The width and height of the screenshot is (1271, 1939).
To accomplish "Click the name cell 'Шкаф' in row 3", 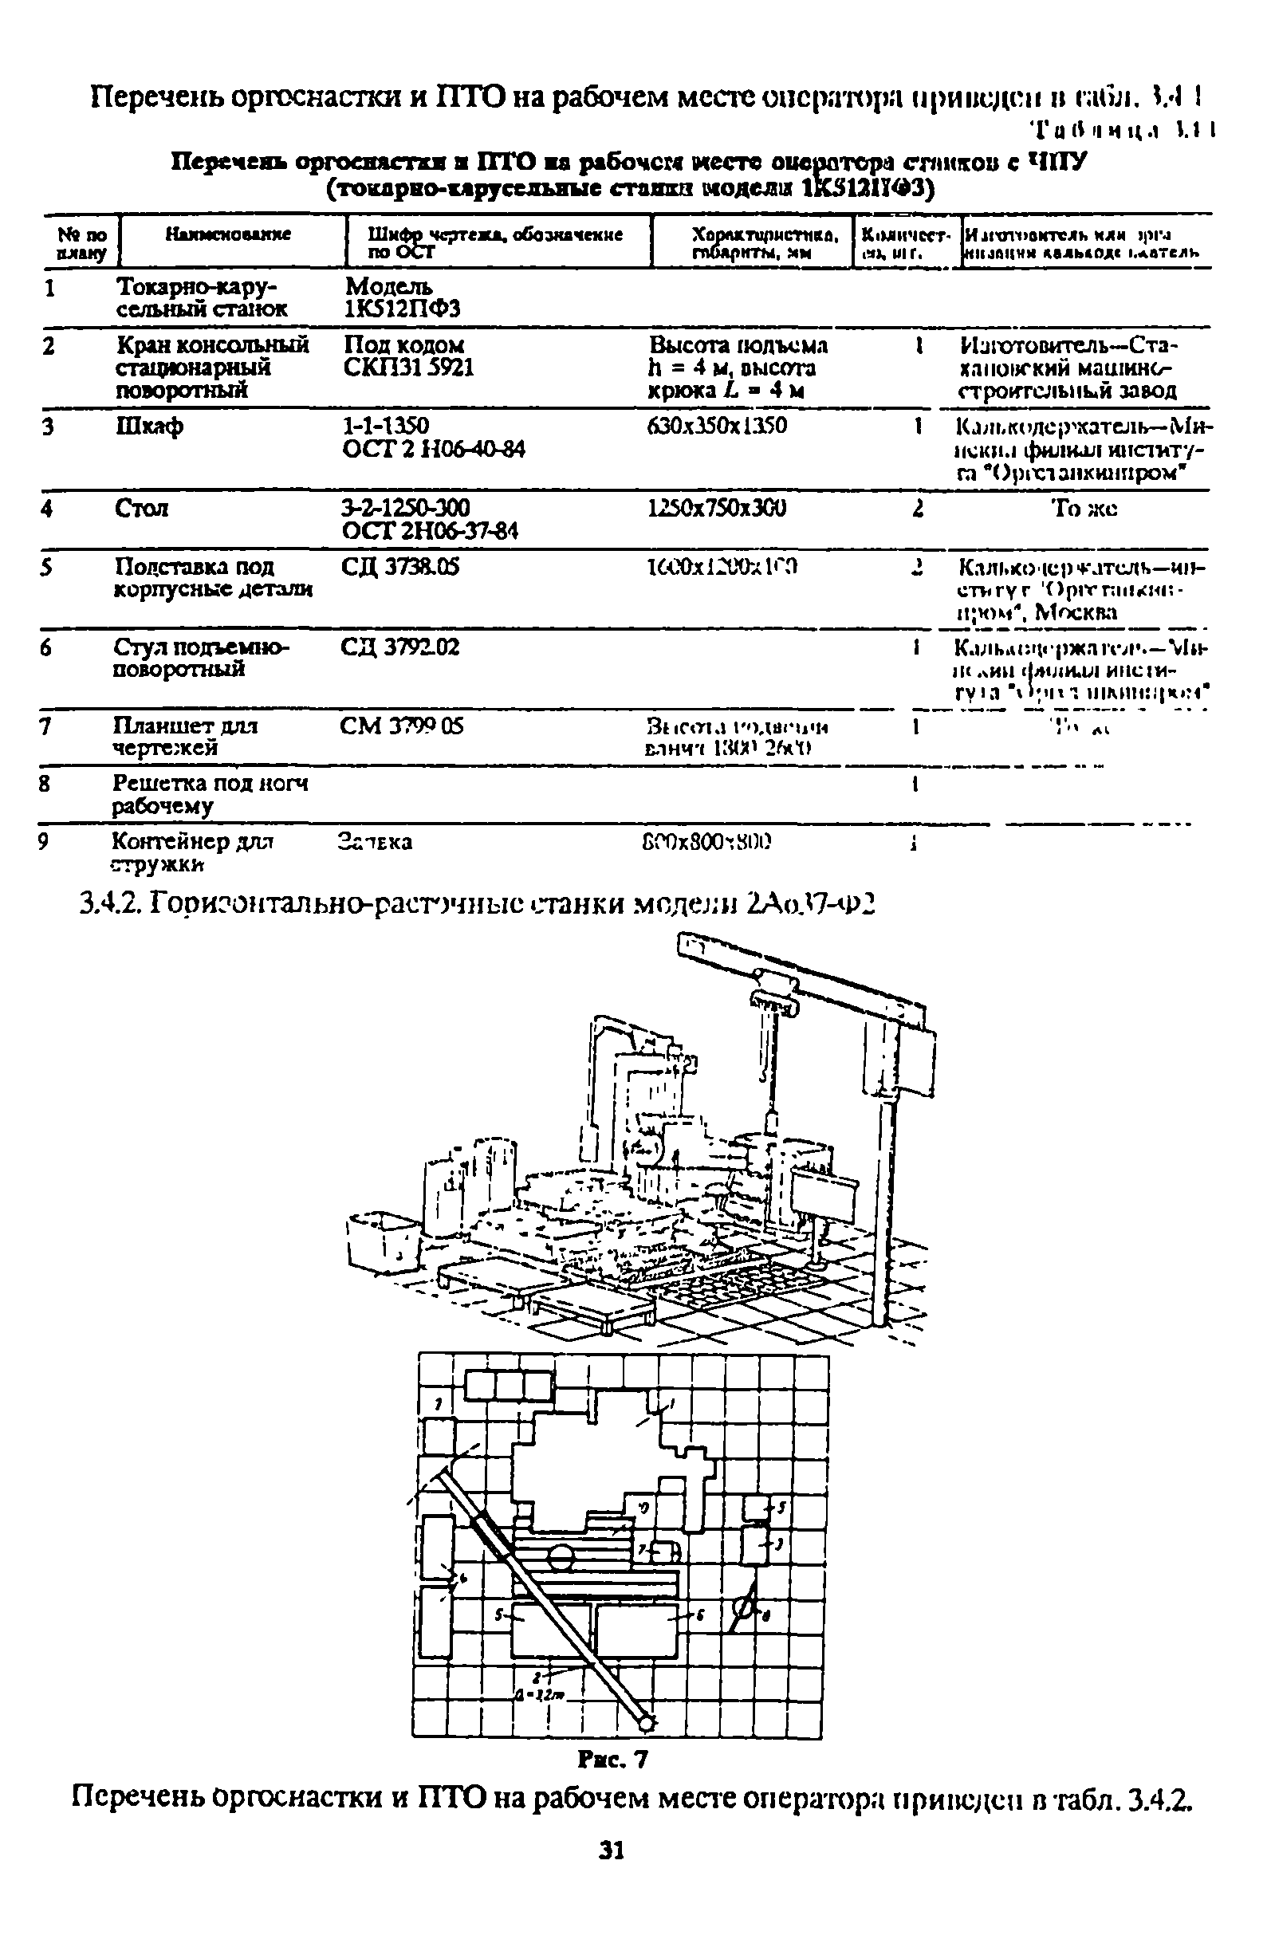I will (149, 426).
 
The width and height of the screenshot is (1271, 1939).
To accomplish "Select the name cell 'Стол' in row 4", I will (142, 509).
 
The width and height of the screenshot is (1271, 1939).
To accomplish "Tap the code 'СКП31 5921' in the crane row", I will (408, 368).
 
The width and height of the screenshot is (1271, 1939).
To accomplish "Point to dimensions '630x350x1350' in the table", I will (717, 426).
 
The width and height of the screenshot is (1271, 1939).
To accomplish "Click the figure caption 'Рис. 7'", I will (612, 1760).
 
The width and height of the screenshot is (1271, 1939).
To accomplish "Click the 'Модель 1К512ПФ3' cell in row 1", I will (403, 298).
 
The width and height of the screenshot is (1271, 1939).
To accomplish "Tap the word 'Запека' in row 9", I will (375, 842).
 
